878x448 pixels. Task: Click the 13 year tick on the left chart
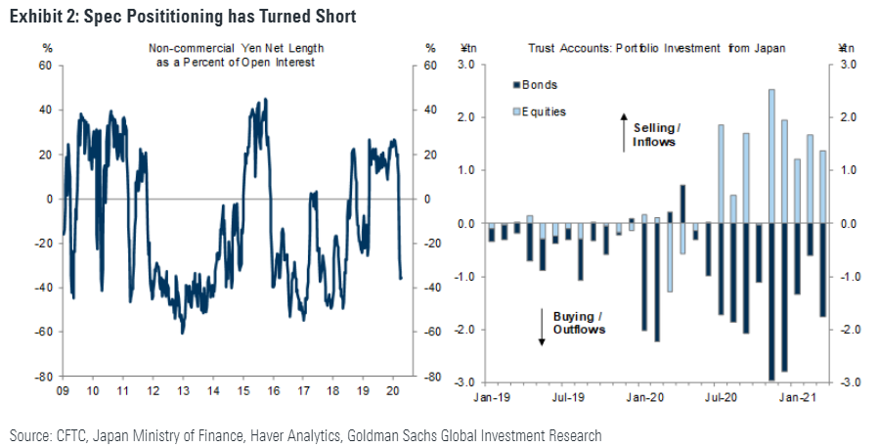pos(183,389)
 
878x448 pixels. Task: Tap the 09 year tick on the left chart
pos(62,389)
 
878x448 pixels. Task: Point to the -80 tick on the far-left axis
pos(42,376)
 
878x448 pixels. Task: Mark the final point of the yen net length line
pos(401,279)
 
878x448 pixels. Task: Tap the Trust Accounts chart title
pos(656,47)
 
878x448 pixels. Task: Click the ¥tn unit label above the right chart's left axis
pos(466,47)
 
